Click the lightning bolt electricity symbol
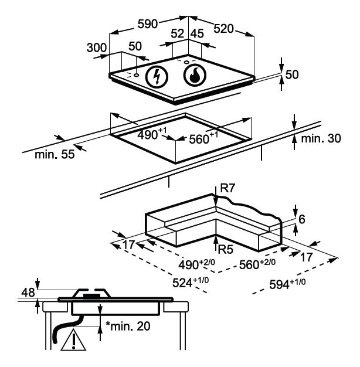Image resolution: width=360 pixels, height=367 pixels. point(157,76)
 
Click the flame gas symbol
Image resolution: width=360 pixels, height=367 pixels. point(195,75)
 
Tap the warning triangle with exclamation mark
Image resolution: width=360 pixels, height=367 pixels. point(73,339)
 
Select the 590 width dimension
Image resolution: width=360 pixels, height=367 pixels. point(148,24)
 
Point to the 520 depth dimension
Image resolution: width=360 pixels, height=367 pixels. point(223,29)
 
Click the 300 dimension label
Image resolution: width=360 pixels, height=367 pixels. point(97,47)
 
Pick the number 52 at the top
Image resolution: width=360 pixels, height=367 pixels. point(178,33)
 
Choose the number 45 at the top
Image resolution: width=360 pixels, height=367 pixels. point(198,33)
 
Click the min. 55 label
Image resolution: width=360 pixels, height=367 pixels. point(55,154)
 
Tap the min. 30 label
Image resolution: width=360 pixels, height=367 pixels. point(321,138)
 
